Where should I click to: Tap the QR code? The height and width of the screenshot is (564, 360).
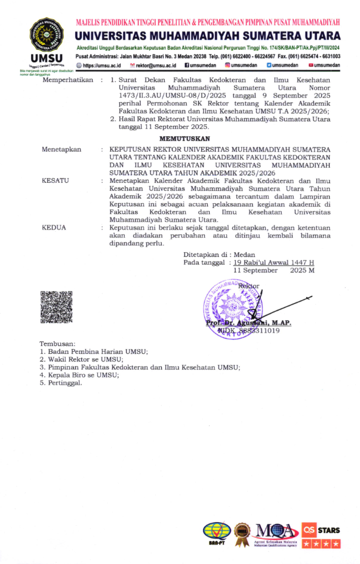(x=56, y=306)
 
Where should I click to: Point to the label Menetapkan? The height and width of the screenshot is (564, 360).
(x=61, y=149)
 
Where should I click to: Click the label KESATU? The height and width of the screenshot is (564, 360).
(x=55, y=179)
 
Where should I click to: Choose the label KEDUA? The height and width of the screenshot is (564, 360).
(x=54, y=228)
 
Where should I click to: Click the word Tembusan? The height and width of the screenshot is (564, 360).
(x=57, y=344)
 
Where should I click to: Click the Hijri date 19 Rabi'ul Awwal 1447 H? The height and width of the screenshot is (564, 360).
(x=273, y=262)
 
